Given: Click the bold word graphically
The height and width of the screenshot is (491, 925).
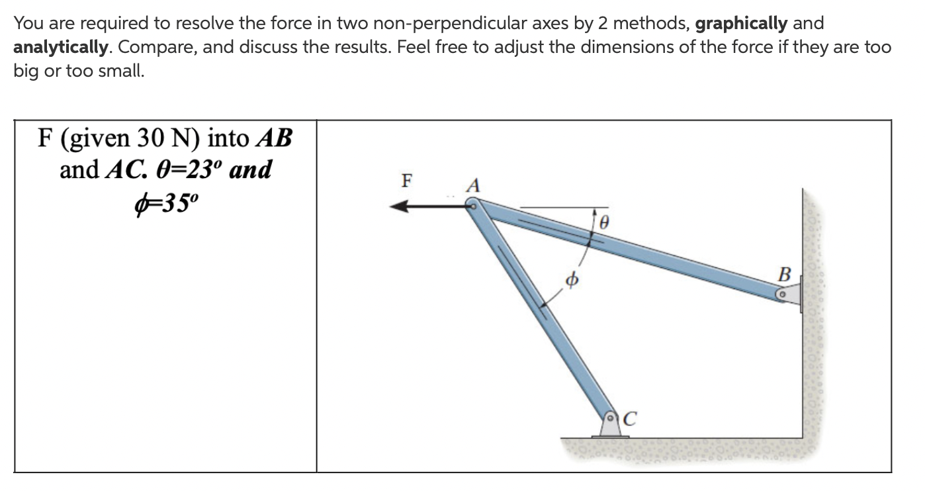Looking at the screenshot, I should point(741,24).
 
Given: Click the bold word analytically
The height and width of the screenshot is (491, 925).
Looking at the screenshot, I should point(61,48).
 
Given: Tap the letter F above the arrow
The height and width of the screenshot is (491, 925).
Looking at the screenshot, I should point(407,179).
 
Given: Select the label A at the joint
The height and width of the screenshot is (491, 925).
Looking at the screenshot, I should point(473,186).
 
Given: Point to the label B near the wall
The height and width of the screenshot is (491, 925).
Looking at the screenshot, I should point(785,273).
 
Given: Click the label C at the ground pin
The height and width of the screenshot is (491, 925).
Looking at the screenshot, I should point(630,418).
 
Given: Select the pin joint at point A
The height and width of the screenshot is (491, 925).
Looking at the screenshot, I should point(473,206).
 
